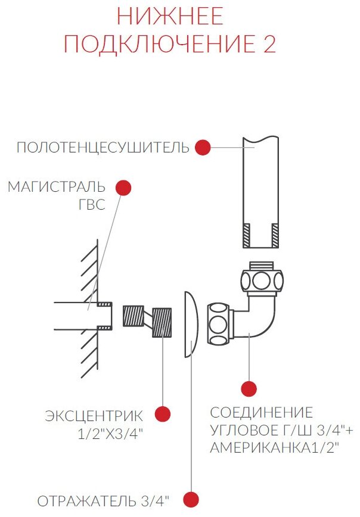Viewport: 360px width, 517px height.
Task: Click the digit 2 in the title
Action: coord(269,45)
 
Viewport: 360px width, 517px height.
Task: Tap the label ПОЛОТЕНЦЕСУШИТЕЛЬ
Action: coord(103,147)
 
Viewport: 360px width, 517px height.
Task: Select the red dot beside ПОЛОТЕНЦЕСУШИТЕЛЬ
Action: coord(203,147)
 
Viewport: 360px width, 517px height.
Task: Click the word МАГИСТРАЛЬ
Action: coord(56,187)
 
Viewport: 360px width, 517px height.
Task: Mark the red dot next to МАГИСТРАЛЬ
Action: coord(123,187)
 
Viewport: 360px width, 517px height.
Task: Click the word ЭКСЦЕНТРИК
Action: coord(94,415)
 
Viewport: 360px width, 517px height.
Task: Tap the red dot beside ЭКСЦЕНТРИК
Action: coord(163,413)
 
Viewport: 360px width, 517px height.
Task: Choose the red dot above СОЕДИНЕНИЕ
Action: coord(249,389)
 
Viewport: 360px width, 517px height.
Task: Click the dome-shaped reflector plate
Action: coord(190,324)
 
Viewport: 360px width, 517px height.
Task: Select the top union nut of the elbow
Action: coord(262,278)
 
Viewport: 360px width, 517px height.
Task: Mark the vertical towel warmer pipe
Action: coord(261,191)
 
